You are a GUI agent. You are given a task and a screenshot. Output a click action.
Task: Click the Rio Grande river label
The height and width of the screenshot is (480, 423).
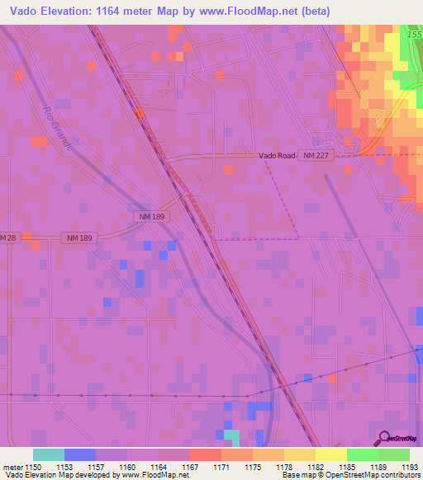click(63, 130)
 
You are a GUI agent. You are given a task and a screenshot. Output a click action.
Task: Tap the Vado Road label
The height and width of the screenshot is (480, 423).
click(276, 154)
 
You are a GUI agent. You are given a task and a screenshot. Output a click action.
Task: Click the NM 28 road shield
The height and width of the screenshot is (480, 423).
click(7, 238)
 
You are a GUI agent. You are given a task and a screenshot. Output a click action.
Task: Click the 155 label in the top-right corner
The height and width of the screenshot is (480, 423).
click(415, 35)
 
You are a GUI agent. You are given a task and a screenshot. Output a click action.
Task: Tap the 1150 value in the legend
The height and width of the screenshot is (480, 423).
click(33, 468)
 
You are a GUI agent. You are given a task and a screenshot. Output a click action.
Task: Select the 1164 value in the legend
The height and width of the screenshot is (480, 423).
click(159, 468)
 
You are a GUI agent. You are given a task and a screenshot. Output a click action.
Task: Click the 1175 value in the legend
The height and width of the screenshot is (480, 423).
click(253, 468)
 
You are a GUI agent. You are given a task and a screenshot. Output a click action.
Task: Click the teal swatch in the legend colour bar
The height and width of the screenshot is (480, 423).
click(49, 454)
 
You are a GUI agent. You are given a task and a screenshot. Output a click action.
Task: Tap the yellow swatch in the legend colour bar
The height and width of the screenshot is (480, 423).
click(330, 454)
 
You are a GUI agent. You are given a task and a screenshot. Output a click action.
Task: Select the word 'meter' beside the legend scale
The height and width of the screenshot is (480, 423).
click(12, 468)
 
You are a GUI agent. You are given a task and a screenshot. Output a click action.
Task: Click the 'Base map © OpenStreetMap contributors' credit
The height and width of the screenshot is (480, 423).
click(350, 476)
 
